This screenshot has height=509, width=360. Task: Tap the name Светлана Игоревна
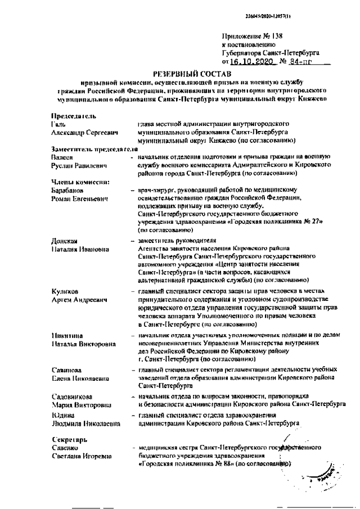[x=79, y=456]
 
